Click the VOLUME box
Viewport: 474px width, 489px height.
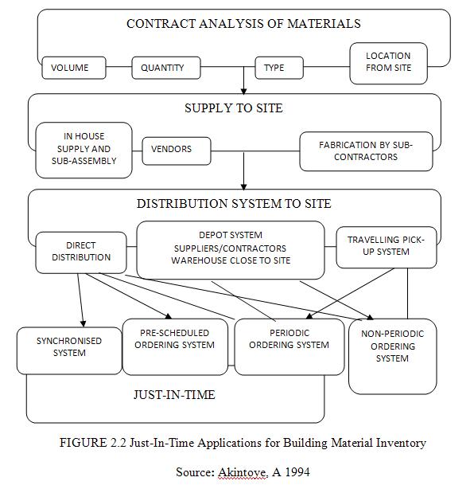(x=74, y=68)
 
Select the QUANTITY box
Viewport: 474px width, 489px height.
(x=166, y=68)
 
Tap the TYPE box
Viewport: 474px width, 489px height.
(x=279, y=68)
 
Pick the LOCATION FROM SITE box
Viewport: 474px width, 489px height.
(x=388, y=63)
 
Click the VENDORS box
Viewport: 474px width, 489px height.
(x=177, y=151)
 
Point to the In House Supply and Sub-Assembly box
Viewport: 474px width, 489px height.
(x=84, y=150)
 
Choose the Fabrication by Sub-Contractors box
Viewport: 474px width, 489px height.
(x=366, y=151)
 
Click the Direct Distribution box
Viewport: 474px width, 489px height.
(x=81, y=252)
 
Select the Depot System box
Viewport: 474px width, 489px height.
(x=231, y=250)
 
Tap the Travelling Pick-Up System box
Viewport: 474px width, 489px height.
(x=387, y=248)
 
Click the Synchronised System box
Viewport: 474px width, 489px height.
(x=69, y=350)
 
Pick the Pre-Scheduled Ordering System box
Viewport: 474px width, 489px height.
(x=175, y=346)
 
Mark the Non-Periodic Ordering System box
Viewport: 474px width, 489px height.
(x=392, y=357)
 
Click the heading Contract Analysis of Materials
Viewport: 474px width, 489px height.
(x=243, y=24)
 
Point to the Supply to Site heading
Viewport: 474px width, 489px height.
(x=234, y=108)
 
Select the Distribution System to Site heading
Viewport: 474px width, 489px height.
(x=234, y=204)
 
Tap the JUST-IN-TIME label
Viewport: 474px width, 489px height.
(x=174, y=395)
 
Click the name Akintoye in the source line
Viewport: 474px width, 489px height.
(x=243, y=472)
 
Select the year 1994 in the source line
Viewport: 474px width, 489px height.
(x=297, y=472)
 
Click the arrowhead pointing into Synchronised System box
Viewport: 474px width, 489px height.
(x=83, y=323)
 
